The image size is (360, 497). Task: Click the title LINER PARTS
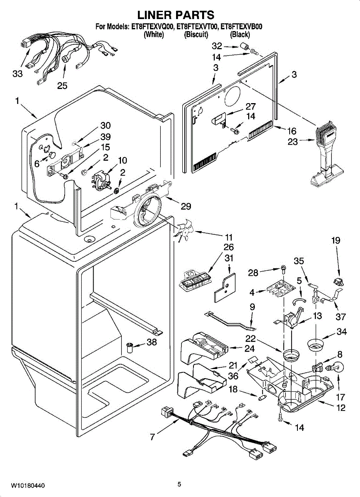tap(176, 15)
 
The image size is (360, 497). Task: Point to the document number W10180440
tap(28, 485)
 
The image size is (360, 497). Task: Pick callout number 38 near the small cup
tap(152, 342)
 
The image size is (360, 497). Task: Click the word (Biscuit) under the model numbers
tap(196, 35)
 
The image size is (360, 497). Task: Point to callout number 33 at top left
tap(17, 74)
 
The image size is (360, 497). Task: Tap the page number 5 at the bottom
tap(179, 484)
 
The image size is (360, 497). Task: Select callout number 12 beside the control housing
tap(341, 408)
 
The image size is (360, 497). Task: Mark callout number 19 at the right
tap(335, 240)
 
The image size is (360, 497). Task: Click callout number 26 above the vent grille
tap(228, 247)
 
